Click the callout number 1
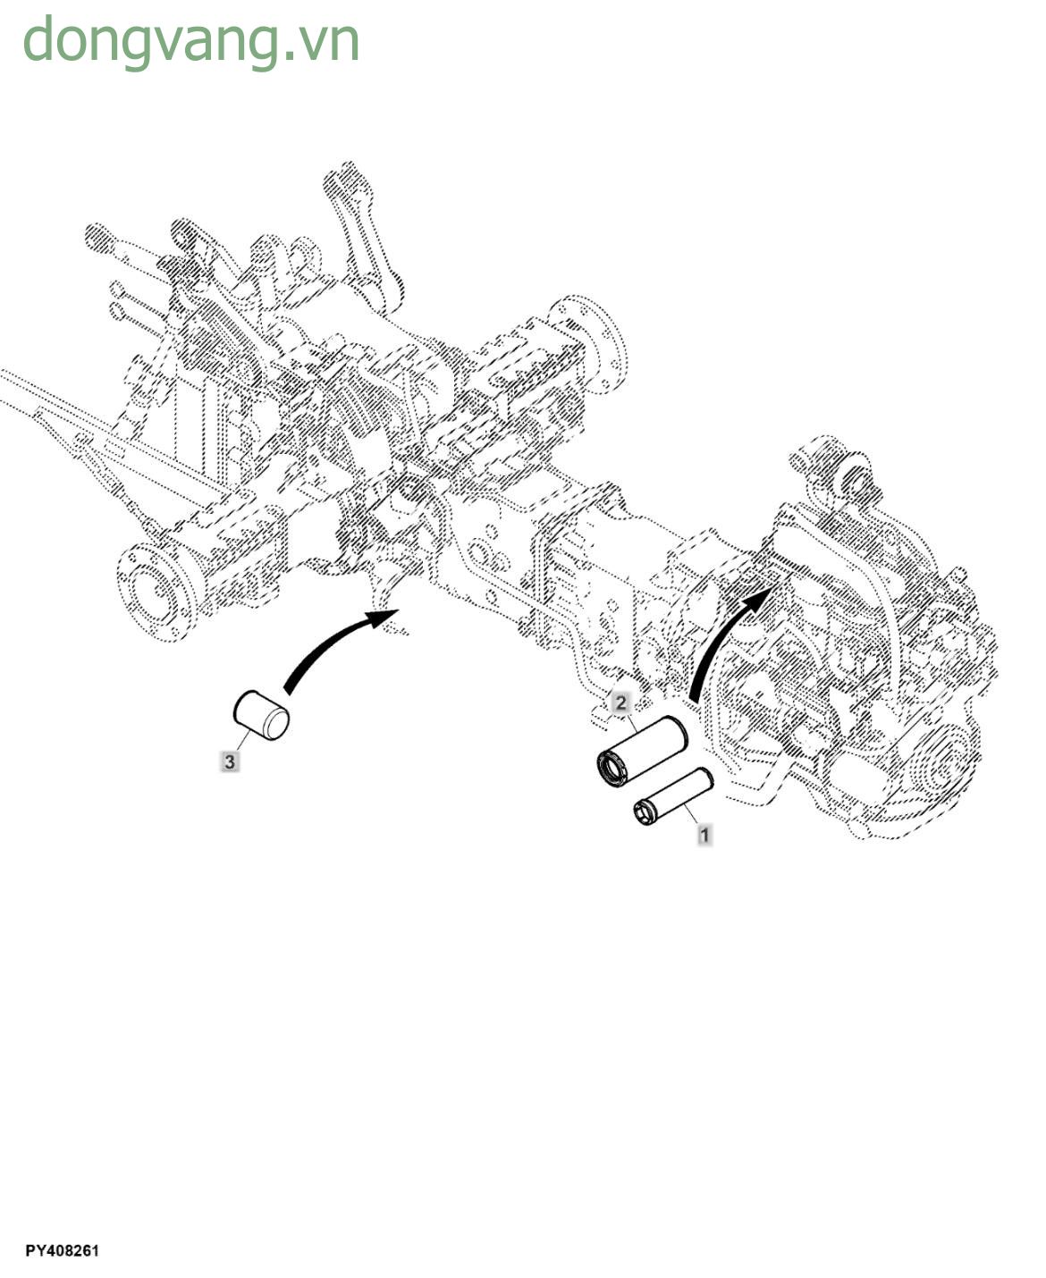[704, 836]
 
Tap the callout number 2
[621, 702]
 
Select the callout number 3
[231, 762]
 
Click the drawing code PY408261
[62, 1250]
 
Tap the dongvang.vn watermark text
[190, 40]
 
